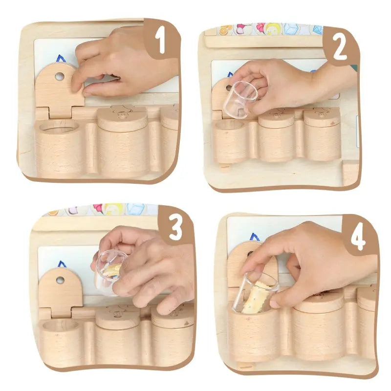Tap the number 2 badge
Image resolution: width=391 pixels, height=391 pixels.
click(x=340, y=47)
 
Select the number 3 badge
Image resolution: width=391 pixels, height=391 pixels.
click(x=176, y=226)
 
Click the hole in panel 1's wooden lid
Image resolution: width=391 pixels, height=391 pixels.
click(x=59, y=76)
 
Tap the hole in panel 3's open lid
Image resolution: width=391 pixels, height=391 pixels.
click(x=60, y=280)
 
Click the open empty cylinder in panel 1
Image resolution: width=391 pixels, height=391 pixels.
click(x=59, y=147)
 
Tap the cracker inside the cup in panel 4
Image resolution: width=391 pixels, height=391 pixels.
click(x=254, y=299)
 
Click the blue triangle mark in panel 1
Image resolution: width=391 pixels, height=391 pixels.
click(x=61, y=59)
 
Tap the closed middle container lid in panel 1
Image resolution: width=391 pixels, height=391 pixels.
click(x=122, y=118)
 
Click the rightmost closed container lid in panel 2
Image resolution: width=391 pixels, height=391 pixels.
click(x=322, y=118)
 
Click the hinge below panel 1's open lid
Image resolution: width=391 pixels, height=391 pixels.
click(x=60, y=113)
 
